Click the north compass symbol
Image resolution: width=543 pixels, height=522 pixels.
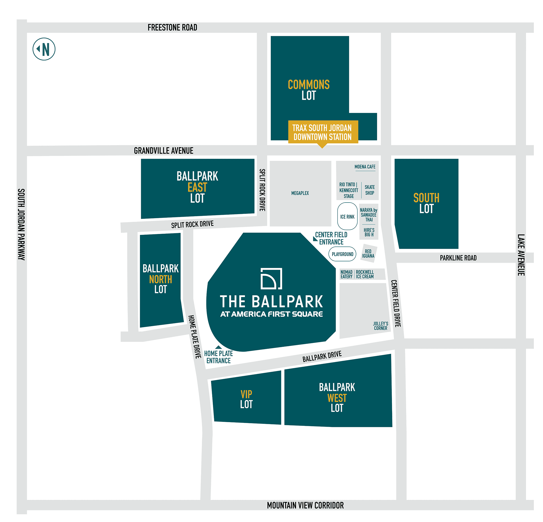pyautogui.click(x=44, y=49)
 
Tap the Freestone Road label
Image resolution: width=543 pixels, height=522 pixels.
pyautogui.click(x=172, y=27)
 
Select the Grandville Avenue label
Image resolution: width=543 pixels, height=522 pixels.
pyautogui.click(x=163, y=151)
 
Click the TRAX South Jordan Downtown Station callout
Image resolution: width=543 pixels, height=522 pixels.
pyautogui.click(x=323, y=132)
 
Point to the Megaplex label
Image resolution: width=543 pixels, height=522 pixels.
pyautogui.click(x=300, y=193)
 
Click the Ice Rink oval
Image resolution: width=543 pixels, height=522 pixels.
pyautogui.click(x=347, y=216)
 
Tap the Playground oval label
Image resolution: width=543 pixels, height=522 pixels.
pyautogui.click(x=342, y=254)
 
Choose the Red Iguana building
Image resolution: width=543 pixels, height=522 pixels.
pyautogui.click(x=368, y=254)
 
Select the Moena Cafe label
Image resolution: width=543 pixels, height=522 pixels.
pyautogui.click(x=365, y=167)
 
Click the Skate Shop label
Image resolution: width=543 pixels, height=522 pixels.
pyautogui.click(x=370, y=190)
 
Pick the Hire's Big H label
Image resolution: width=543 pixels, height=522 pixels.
pyautogui.click(x=369, y=232)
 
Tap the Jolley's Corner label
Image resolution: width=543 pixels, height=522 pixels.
pyautogui.click(x=380, y=326)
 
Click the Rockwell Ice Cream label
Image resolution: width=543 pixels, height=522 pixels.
pyautogui.click(x=365, y=274)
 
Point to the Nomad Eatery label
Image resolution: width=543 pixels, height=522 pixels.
pyautogui.click(x=346, y=274)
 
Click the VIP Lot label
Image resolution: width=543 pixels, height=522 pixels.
pyautogui.click(x=246, y=399)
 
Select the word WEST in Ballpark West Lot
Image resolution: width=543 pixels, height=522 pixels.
pyautogui.click(x=337, y=398)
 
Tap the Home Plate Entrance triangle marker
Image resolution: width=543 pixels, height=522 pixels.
pyautogui.click(x=219, y=347)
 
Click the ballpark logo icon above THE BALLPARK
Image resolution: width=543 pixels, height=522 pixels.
pyautogui.click(x=271, y=278)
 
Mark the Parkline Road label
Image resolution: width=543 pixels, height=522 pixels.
pyautogui.click(x=458, y=258)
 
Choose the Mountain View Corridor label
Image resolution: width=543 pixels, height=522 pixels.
pyautogui.click(x=305, y=505)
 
